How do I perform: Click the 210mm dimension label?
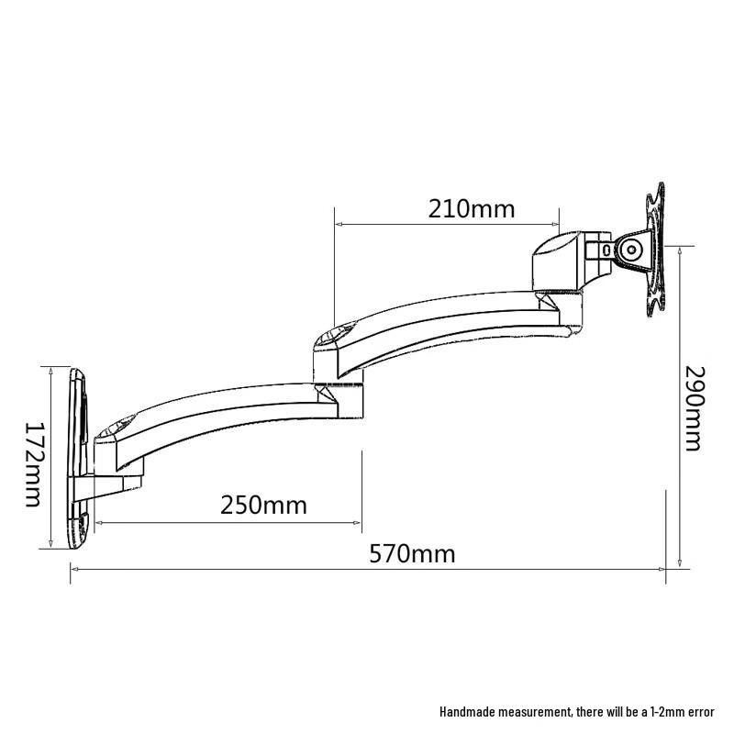[472, 208]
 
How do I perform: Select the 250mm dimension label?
[263, 505]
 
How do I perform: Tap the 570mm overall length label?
[412, 553]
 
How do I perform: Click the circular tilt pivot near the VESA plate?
[631, 250]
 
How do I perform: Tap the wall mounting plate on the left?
[78, 459]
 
